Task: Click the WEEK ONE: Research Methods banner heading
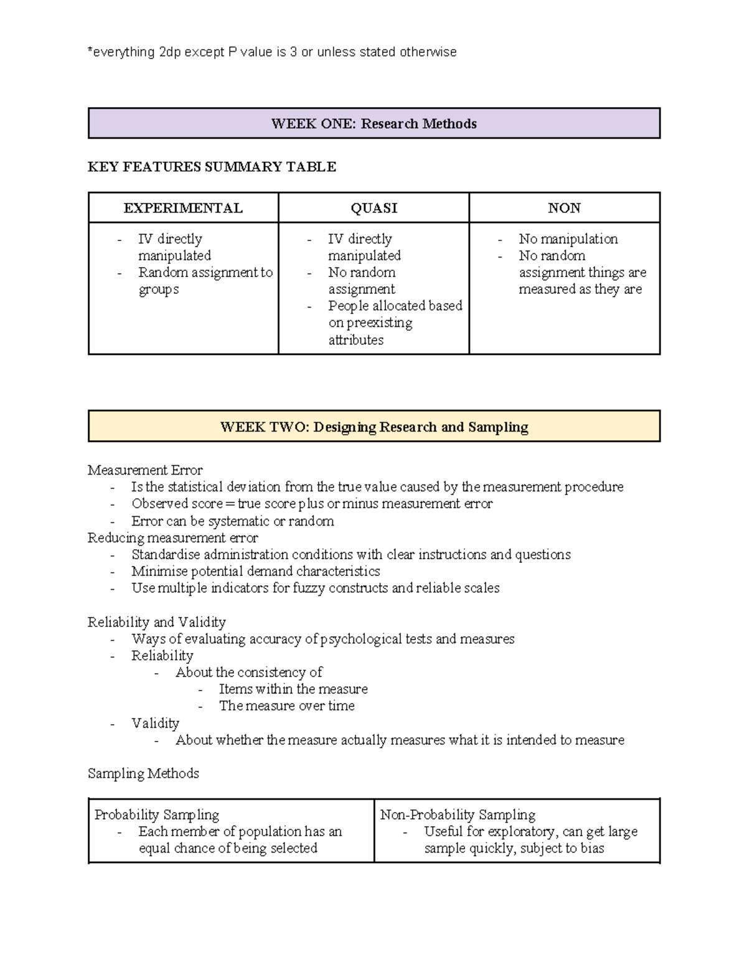pos(374,123)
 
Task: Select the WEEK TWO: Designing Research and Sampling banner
pos(374,427)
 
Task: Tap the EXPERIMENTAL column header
pos(183,208)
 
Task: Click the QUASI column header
pos(374,208)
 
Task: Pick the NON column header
pos(564,208)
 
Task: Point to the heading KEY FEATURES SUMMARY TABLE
pos(212,167)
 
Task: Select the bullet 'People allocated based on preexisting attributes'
pos(395,323)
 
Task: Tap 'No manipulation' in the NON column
pos(568,239)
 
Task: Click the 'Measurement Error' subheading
pos(145,470)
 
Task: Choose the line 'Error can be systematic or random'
pos(232,521)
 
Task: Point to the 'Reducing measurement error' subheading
pos(172,538)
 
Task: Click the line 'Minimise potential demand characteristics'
pos(255,572)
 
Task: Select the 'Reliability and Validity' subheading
pos(156,622)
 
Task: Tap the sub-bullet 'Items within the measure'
pos(293,689)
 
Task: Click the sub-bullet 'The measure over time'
pos(286,706)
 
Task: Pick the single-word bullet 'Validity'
pos(155,724)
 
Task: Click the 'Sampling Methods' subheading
pos(143,773)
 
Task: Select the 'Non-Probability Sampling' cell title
pos(458,814)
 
